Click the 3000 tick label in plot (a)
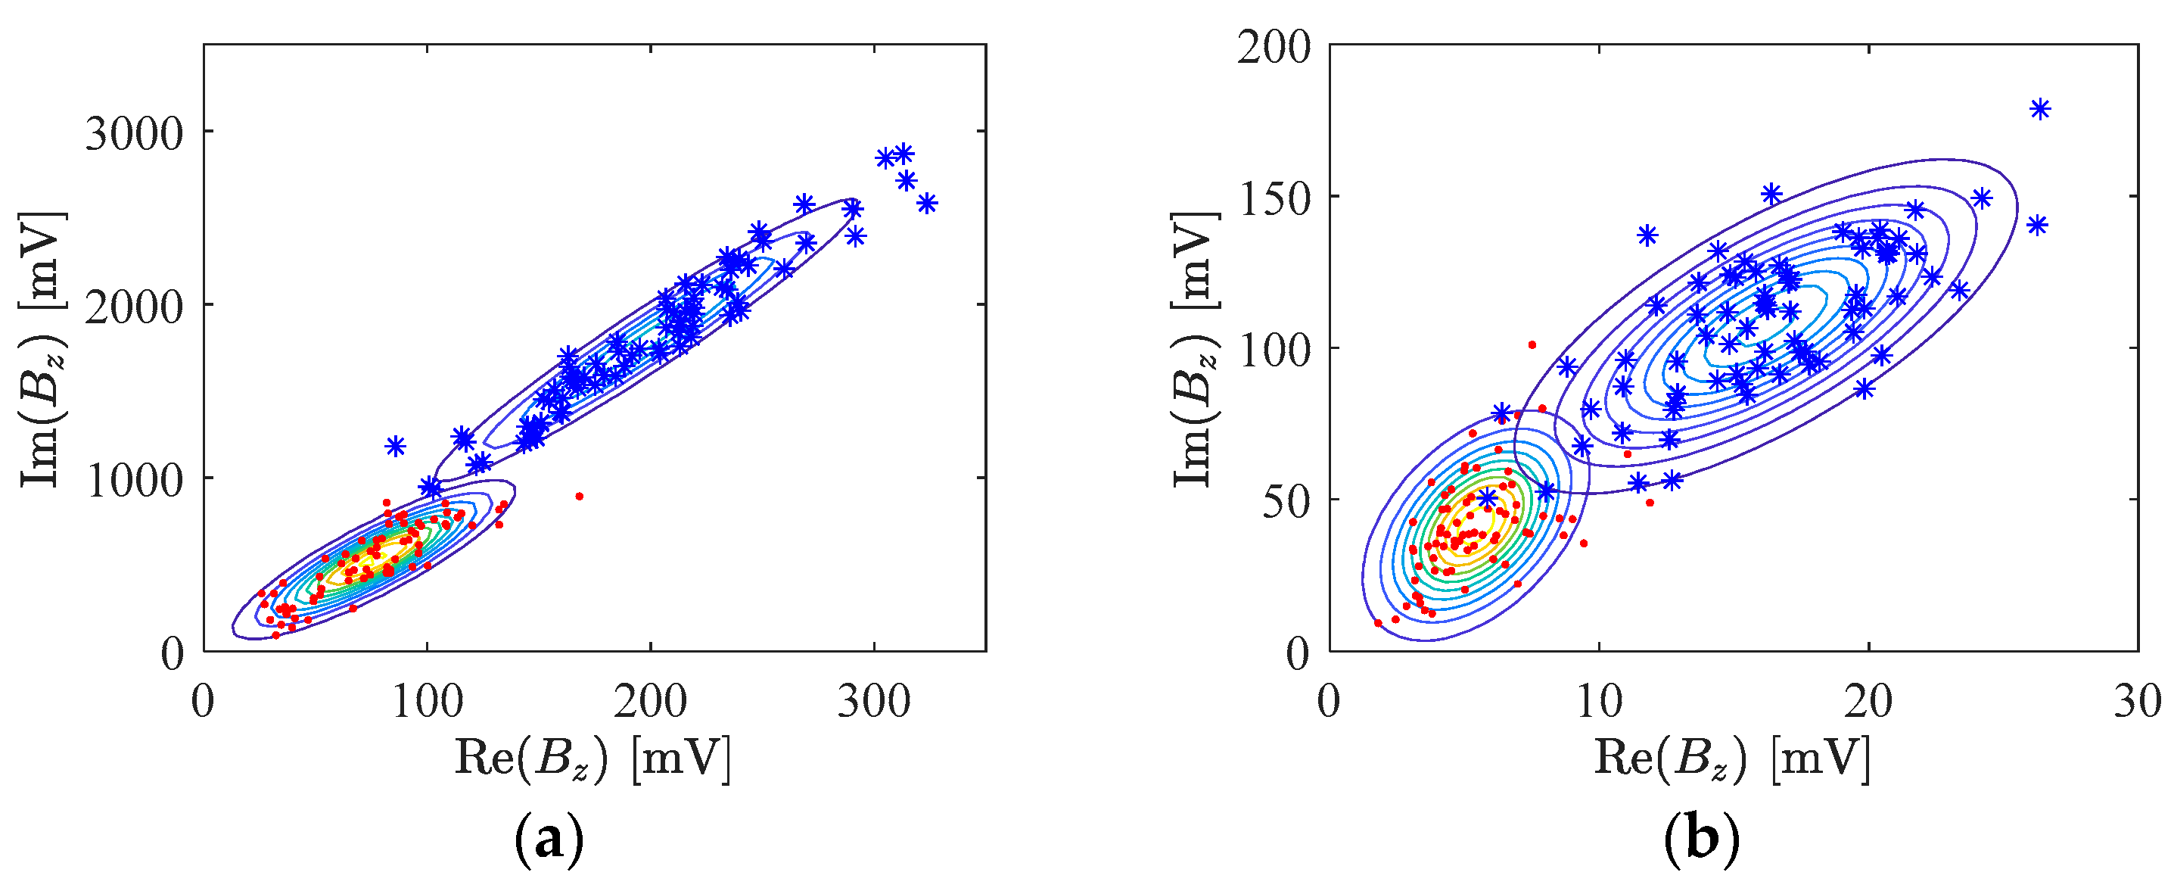[133, 134]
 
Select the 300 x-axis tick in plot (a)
[873, 701]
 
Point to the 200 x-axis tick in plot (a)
[650, 701]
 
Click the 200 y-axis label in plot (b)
[1274, 47]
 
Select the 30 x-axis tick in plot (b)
[2137, 701]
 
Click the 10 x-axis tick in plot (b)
[1598, 701]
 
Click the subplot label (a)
[549, 840]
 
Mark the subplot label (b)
[1700, 840]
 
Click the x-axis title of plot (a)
[593, 758]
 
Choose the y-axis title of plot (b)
[1196, 348]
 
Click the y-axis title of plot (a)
[42, 348]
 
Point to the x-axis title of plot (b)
[1733, 758]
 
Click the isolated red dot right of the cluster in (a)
[579, 497]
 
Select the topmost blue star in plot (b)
[2040, 109]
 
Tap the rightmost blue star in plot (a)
[927, 204]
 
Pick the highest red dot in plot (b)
[1532, 344]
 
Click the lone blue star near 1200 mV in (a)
[395, 446]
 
